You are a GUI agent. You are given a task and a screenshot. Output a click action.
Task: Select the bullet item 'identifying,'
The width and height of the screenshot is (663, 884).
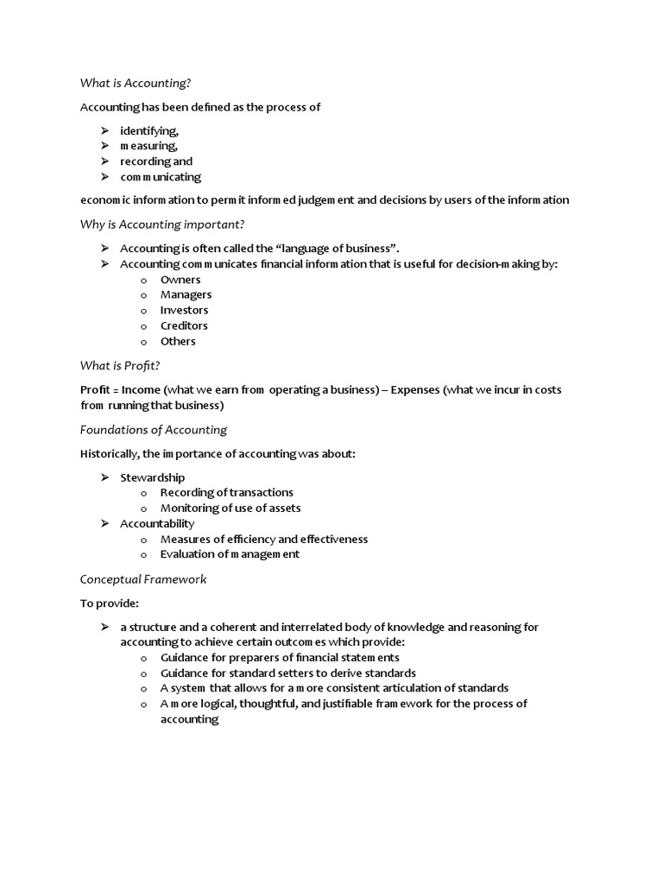click(x=148, y=130)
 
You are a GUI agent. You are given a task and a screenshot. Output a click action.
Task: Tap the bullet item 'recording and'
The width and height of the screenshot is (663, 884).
click(x=156, y=161)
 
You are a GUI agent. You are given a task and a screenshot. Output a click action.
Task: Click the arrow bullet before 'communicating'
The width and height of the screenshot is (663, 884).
click(x=104, y=177)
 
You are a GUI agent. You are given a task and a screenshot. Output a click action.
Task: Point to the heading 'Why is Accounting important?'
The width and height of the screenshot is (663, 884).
click(x=162, y=224)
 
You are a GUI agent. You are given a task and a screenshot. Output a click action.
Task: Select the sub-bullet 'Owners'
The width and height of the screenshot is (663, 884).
click(x=180, y=280)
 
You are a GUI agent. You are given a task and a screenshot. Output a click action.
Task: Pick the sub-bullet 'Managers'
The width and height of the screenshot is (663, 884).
click(x=186, y=295)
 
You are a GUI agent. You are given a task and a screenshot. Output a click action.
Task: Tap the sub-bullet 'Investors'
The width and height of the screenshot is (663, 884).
click(x=184, y=311)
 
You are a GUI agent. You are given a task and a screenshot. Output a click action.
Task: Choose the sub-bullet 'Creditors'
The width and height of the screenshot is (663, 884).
click(x=184, y=326)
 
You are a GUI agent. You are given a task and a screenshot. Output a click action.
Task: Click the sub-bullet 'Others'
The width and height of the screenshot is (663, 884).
click(x=178, y=342)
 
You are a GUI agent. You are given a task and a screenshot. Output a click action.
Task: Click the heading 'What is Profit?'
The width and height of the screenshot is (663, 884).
click(x=120, y=366)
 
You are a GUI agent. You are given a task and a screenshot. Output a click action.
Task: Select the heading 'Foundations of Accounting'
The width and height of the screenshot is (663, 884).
click(x=154, y=430)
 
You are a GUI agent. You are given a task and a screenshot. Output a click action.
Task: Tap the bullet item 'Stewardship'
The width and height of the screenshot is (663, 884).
click(x=152, y=477)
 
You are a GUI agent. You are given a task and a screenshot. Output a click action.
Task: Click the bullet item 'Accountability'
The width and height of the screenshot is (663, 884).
click(x=157, y=524)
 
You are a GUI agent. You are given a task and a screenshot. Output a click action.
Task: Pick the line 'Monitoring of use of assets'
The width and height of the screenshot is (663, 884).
click(x=230, y=508)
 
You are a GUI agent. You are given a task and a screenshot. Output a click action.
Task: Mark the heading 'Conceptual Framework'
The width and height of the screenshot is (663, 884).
click(x=143, y=579)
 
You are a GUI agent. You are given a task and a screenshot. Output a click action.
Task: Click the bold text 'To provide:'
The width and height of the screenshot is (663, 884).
click(x=109, y=603)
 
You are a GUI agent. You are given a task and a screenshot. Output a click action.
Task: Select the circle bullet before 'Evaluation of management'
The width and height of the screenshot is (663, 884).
click(x=144, y=555)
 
